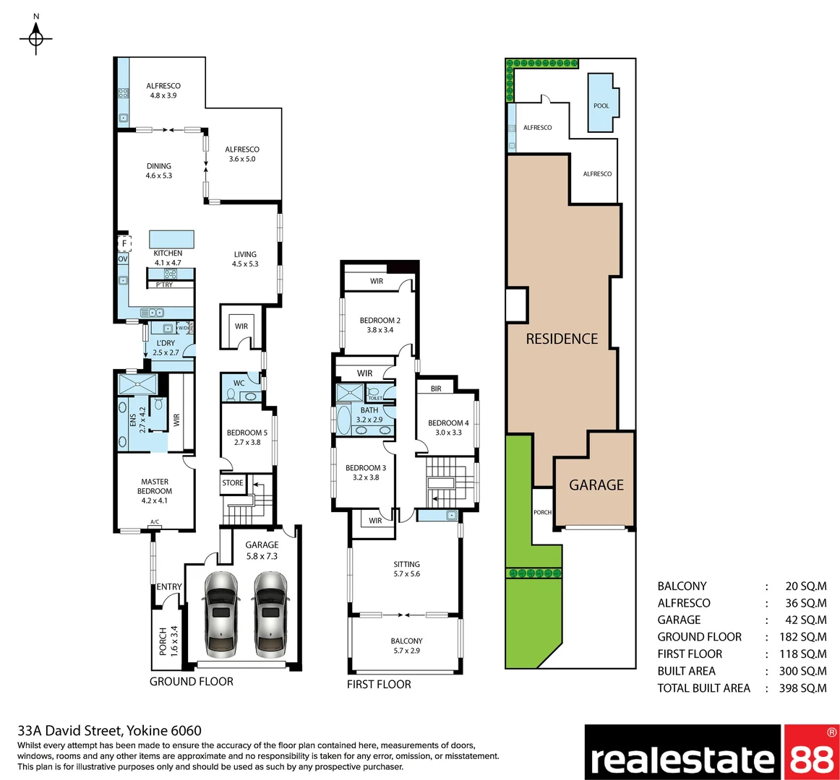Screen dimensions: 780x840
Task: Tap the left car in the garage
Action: tap(220, 613)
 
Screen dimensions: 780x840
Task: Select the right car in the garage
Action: tap(270, 613)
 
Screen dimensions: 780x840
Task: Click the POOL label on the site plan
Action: tap(601, 105)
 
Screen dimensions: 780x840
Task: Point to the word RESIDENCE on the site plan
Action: tap(562, 339)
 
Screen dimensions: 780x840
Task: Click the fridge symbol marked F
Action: tap(124, 244)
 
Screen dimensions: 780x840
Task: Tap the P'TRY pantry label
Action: tap(165, 285)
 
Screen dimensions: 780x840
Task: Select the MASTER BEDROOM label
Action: tap(155, 490)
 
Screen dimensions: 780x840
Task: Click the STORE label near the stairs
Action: tap(233, 483)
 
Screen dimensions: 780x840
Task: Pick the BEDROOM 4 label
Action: tap(448, 428)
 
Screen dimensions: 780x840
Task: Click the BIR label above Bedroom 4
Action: tap(436, 389)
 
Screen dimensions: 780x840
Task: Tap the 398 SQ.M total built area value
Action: tap(802, 688)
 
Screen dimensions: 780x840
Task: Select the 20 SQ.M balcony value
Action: tap(805, 586)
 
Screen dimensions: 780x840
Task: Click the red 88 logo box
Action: tap(810, 753)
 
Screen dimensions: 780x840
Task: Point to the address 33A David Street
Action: tap(109, 731)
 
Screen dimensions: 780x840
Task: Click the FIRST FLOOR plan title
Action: tap(379, 684)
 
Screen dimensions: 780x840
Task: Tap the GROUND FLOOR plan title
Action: tap(192, 681)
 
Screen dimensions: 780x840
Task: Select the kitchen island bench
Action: tap(171, 239)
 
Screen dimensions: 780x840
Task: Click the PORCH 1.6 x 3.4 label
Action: tap(168, 640)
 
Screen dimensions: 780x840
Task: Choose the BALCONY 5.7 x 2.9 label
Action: tap(406, 646)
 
